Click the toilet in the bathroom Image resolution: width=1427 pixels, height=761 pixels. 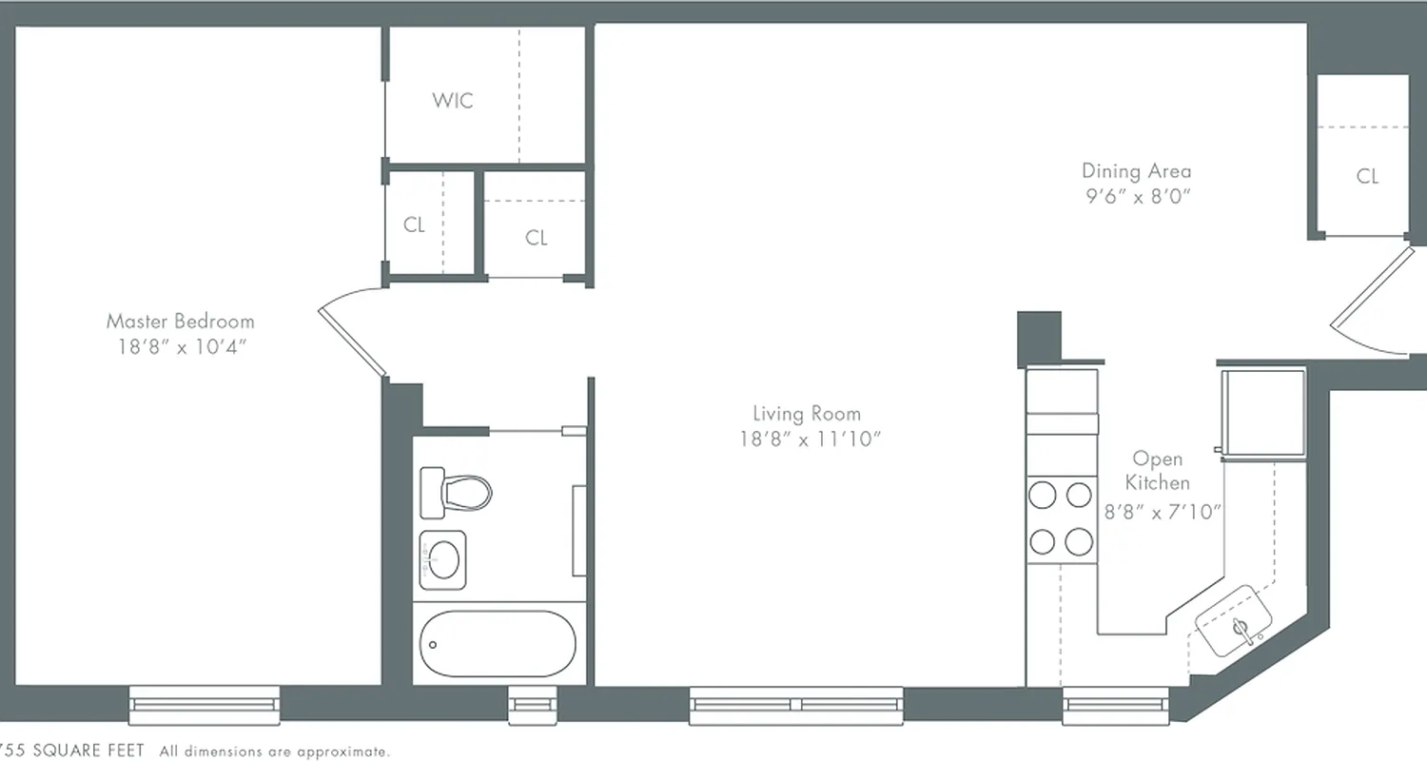coord(457,491)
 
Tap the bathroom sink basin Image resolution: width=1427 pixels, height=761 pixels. coord(443,559)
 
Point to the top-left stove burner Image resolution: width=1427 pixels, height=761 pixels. coord(1044,496)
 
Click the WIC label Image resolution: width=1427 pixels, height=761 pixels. coord(453,100)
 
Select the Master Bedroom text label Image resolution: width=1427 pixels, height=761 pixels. coord(180,322)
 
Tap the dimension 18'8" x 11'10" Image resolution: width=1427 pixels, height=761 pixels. coord(805,439)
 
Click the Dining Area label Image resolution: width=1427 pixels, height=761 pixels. coord(1136,171)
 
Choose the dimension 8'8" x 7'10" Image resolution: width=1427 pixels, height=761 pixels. coord(1163,512)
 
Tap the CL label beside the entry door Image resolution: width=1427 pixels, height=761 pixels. coord(1367,176)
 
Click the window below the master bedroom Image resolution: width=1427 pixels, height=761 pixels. coord(205,704)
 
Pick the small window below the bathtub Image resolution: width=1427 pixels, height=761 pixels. coord(526,705)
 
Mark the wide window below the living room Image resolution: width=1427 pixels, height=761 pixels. coord(796,705)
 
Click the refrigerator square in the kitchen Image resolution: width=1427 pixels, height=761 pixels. coord(1264,413)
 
